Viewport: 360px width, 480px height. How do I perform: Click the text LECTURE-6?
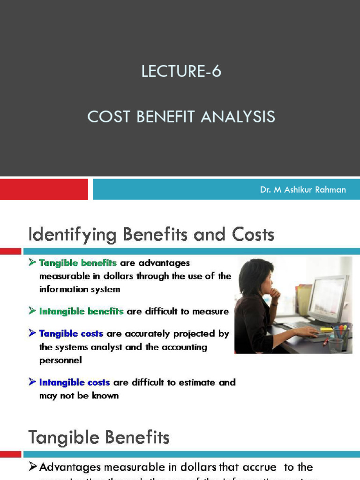tap(181, 72)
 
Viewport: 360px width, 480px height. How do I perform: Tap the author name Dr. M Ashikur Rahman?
tap(303, 190)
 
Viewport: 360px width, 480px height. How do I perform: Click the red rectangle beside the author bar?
tap(44, 189)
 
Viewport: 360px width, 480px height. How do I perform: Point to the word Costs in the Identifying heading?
tap(256, 234)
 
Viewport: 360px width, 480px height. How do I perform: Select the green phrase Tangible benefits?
tap(78, 263)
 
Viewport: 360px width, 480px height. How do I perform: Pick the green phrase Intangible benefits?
tap(82, 311)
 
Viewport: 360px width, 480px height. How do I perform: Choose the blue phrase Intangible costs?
tap(75, 382)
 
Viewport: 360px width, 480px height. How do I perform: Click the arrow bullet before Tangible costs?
tap(32, 333)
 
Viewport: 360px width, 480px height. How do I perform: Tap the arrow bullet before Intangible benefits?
tap(32, 311)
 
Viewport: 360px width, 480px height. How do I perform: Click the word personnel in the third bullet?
tap(60, 360)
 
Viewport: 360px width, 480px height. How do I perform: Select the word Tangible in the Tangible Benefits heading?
tap(60, 438)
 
